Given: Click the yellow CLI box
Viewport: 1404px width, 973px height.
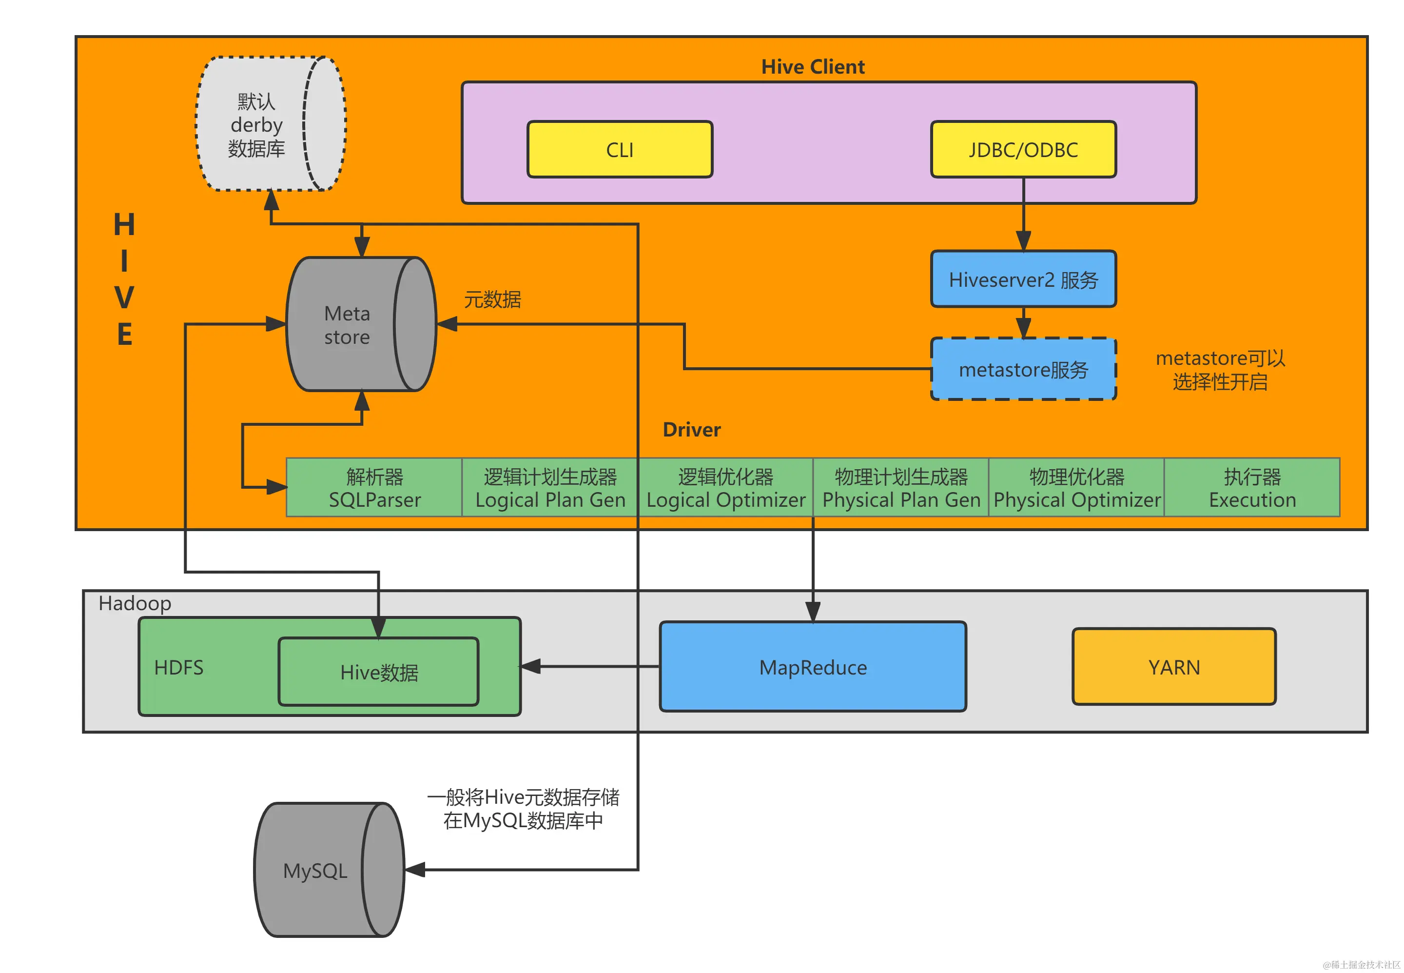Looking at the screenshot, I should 619,149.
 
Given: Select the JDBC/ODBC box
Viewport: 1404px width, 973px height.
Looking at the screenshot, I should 1023,149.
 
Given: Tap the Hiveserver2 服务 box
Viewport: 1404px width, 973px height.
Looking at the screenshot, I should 1023,279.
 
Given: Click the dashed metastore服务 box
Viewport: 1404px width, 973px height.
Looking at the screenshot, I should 1023,369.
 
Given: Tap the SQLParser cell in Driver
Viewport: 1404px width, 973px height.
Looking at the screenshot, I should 374,488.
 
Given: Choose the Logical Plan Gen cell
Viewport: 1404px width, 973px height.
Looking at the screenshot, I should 550,488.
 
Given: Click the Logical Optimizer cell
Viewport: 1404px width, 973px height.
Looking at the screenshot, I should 725,488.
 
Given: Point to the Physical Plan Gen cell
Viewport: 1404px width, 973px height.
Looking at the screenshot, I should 901,488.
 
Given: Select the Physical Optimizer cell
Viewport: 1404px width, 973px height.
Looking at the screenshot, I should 1076,488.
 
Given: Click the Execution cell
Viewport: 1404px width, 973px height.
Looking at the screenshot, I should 1252,488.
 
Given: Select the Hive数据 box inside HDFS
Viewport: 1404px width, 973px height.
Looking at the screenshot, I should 378,672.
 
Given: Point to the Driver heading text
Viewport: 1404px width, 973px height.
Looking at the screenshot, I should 691,430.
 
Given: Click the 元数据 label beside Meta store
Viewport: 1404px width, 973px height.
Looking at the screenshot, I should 492,299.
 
